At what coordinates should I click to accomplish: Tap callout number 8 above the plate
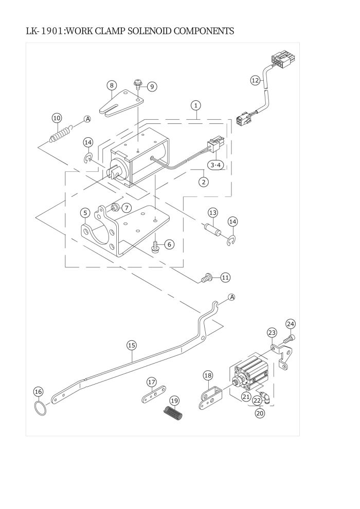click(x=112, y=85)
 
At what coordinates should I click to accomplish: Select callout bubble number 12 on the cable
click(x=256, y=80)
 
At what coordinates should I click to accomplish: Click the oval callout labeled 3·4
click(x=216, y=165)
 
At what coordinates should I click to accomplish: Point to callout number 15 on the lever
click(x=132, y=346)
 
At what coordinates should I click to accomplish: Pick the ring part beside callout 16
click(x=40, y=408)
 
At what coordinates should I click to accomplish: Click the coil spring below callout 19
click(x=173, y=414)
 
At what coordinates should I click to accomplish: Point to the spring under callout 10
click(x=61, y=133)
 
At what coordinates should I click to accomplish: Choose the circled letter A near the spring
click(x=87, y=119)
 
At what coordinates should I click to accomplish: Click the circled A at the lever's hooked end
click(x=231, y=297)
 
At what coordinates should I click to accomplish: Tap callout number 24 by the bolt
click(x=291, y=324)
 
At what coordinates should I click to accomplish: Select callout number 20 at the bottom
click(x=260, y=413)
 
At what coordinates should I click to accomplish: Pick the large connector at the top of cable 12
click(x=281, y=61)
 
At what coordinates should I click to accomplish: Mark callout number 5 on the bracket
click(x=85, y=213)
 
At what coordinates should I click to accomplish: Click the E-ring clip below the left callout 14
click(x=88, y=158)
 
